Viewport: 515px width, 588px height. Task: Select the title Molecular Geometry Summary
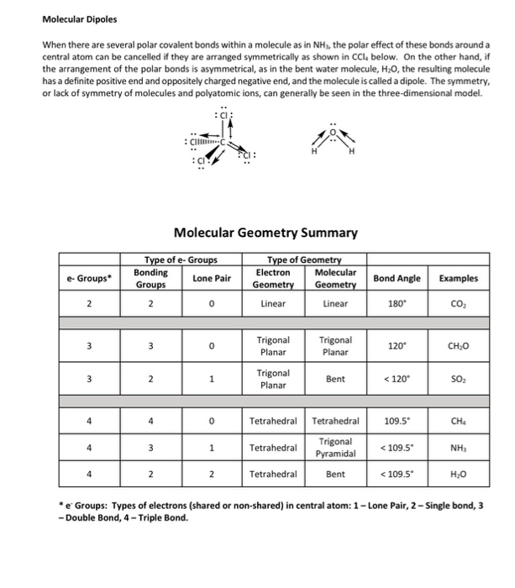coord(265,233)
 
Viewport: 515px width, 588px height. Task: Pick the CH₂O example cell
coord(469,345)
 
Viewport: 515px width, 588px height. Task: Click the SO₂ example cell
coord(469,380)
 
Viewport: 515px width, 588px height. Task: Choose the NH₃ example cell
coord(469,448)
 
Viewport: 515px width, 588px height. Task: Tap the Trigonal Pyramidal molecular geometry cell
coord(335,448)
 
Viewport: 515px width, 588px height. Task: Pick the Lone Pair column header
coord(211,278)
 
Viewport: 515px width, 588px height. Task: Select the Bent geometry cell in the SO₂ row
coord(335,380)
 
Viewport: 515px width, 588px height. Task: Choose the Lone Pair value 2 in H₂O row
coord(211,475)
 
